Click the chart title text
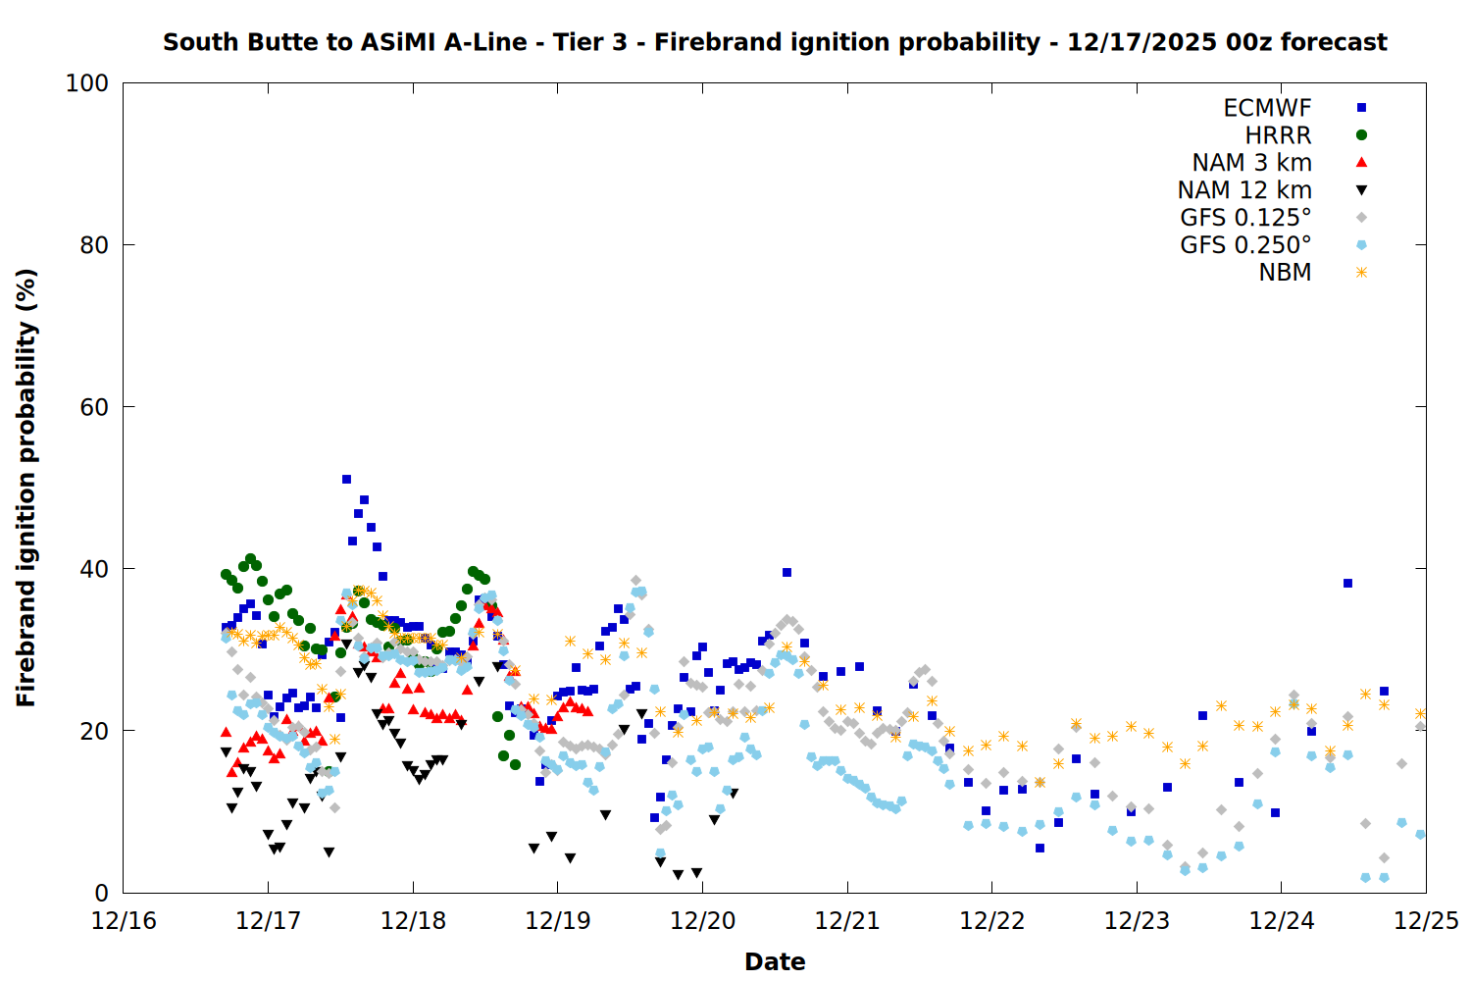(x=775, y=42)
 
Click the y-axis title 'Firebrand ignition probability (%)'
(x=25, y=488)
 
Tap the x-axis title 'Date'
(x=775, y=961)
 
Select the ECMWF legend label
(x=1267, y=108)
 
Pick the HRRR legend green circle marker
(x=1361, y=135)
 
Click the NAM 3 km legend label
(x=1251, y=163)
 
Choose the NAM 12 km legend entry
(x=1244, y=190)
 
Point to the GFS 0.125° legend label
(x=1245, y=218)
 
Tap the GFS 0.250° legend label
(x=1245, y=245)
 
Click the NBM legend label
(x=1285, y=273)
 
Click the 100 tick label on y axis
(x=87, y=83)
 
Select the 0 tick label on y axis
(x=101, y=893)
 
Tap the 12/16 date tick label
(x=124, y=921)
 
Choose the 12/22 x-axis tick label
(x=992, y=921)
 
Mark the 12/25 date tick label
(x=1426, y=921)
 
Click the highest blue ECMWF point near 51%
(x=346, y=479)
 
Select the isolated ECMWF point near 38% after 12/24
(x=1347, y=583)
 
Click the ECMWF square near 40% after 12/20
(x=786, y=572)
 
